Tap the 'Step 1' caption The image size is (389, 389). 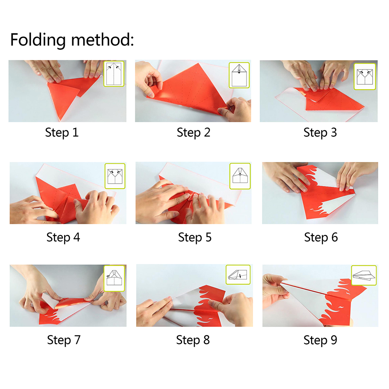[x=62, y=132]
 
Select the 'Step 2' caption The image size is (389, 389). [x=193, y=132]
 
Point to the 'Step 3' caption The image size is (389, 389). [x=320, y=132]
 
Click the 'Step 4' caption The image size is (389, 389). [x=63, y=238]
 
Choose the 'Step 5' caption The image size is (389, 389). [x=195, y=238]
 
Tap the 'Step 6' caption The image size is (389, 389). [x=321, y=238]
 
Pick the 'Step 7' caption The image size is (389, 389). [x=64, y=340]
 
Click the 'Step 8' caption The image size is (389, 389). [x=193, y=340]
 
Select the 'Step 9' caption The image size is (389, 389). [x=320, y=340]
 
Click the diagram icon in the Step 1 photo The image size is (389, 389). [x=114, y=74]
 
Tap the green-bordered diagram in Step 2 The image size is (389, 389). [x=239, y=75]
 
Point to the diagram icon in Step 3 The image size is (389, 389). [x=365, y=76]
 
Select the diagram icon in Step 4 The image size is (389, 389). [x=115, y=176]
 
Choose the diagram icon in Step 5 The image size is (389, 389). [x=240, y=176]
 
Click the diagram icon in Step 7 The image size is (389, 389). [x=114, y=278]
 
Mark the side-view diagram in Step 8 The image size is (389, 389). [x=238, y=274]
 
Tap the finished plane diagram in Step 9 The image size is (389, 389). [x=364, y=275]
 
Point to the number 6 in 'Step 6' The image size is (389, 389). [x=335, y=238]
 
